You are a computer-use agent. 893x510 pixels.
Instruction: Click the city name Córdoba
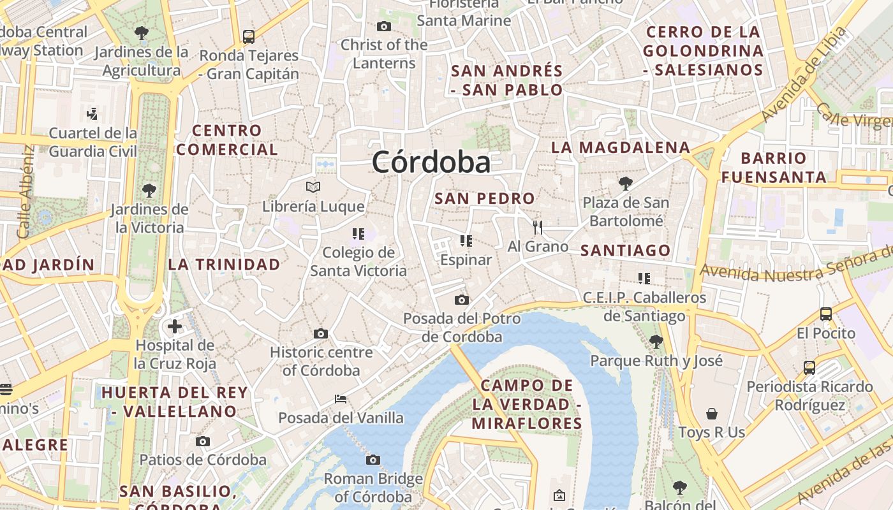(431, 162)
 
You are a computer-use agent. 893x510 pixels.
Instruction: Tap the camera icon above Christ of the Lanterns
(384, 26)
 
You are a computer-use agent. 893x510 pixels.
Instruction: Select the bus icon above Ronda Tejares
(249, 36)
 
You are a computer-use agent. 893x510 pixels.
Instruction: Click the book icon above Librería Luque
(313, 187)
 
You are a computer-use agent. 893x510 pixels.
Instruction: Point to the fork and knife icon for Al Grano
(538, 227)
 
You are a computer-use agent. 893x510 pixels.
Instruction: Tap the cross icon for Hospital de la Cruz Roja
(175, 327)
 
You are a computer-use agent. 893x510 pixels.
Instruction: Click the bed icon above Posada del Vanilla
(341, 399)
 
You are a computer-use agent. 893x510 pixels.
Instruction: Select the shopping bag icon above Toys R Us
(712, 414)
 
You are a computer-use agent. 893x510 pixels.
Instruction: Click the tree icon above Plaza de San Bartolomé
(626, 184)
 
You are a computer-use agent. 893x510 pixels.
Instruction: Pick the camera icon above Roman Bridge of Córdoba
(373, 460)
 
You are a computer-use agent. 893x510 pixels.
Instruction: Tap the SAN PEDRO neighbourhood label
(485, 198)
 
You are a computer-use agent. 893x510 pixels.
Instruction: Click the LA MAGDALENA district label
(621, 147)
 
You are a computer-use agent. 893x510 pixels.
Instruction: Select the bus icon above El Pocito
(826, 314)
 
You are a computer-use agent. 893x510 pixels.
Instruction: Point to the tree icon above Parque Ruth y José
(656, 342)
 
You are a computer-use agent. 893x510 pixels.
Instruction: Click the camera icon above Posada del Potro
(462, 300)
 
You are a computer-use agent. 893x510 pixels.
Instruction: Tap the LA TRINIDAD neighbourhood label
(224, 264)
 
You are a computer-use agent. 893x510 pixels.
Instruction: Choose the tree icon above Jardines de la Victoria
(149, 190)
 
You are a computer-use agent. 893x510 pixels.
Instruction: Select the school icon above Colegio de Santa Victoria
(358, 234)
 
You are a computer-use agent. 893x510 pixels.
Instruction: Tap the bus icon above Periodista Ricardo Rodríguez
(809, 367)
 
